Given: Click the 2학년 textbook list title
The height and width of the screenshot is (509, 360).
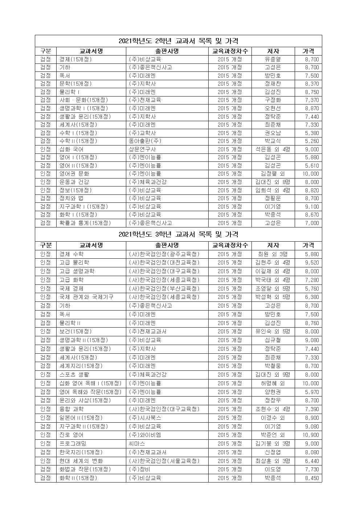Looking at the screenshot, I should coord(178,41).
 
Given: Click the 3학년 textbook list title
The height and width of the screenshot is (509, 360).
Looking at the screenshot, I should coord(178,234).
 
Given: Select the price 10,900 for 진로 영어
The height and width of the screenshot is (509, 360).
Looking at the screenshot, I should coord(311,435).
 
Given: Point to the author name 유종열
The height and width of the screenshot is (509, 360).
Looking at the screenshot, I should coord(273,59).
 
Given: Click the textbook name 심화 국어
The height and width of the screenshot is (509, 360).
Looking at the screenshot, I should coord(71,149).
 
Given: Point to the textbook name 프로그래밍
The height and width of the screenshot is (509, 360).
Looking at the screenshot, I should coord(73,443).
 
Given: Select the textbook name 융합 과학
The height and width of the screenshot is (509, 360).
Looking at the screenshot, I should coord(71,409).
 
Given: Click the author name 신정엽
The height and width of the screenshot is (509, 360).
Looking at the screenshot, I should coord(273,452).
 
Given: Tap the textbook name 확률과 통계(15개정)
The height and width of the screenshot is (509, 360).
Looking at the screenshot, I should coord(85,223).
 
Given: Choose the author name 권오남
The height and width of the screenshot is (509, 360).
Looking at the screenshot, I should coord(273,133).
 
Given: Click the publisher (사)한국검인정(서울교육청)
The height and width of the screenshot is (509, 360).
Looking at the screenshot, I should coord(164,461).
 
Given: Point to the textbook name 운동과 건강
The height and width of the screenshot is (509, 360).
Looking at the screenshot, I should coord(74,182).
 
